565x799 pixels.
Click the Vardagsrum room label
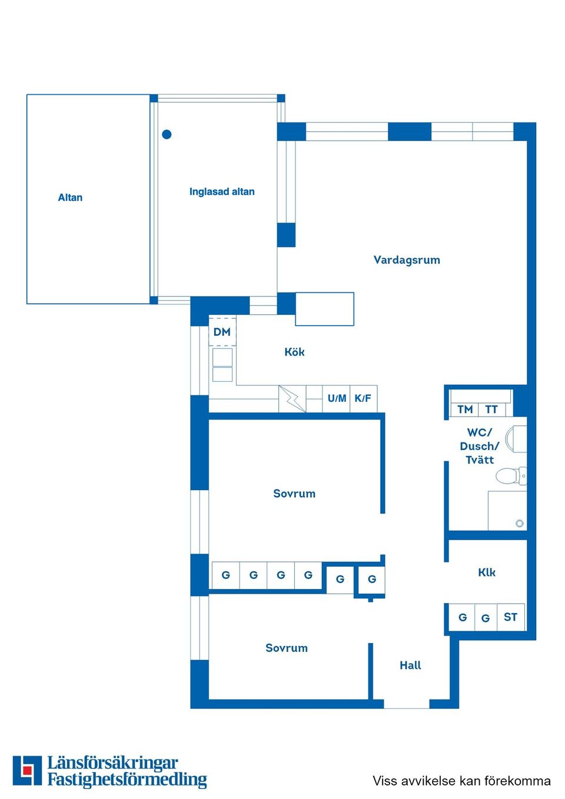coord(407,260)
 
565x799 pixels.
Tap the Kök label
coord(294,352)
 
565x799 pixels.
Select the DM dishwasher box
coord(222,332)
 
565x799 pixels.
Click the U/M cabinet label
coord(337,398)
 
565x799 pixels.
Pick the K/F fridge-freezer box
coord(363,398)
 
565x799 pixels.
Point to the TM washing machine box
coord(465,409)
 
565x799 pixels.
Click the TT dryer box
coord(491,409)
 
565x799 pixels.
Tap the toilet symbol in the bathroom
coord(510,475)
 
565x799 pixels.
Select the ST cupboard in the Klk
coord(510,617)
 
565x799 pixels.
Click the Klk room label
coord(487,572)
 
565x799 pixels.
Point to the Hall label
coord(410,665)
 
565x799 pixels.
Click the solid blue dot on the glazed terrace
coord(167,134)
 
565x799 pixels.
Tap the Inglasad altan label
coord(222,192)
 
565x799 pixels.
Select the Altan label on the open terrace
coord(70,198)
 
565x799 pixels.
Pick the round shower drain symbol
coord(519,523)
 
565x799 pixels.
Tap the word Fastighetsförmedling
coord(127,780)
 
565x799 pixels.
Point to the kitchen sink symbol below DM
coord(222,365)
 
